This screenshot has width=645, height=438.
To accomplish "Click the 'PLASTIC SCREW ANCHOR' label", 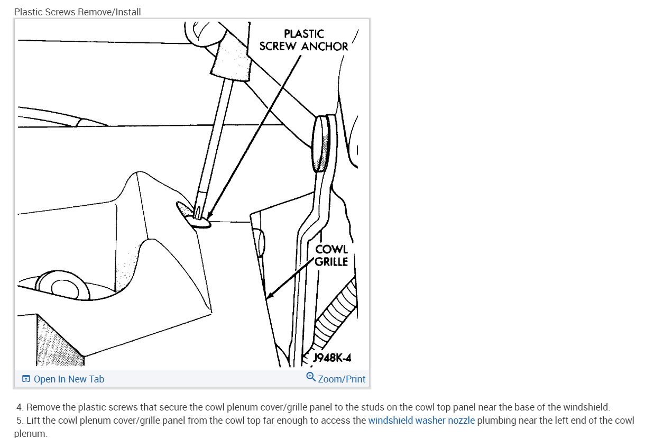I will point(303,40).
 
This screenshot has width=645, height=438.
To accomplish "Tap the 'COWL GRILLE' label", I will point(331,255).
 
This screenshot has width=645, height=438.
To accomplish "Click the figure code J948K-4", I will point(332,358).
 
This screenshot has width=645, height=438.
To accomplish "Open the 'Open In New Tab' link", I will point(69,379).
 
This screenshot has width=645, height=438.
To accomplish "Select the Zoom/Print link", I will point(341,379).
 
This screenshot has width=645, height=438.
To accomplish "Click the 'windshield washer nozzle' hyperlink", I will point(421,421).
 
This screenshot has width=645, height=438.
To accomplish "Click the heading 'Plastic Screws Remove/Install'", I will point(78,12).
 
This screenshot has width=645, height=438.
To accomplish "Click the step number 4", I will point(20,407).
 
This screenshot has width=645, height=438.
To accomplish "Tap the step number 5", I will point(20,421).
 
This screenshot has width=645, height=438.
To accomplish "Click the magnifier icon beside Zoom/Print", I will point(311,377).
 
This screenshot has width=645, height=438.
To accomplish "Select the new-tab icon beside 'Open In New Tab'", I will point(26,379).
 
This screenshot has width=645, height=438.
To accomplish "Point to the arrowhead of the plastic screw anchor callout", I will point(209,217).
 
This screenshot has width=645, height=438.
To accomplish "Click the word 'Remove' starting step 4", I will point(41,407).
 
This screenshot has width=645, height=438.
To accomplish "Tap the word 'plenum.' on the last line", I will point(31,434).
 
